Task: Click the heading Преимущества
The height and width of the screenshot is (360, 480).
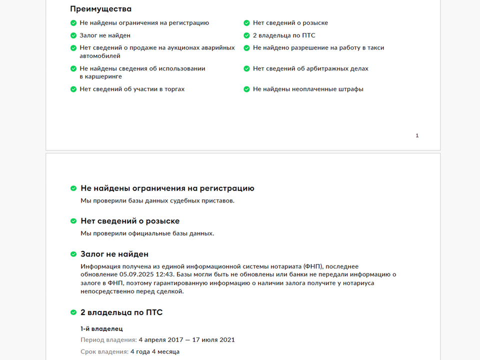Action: coord(101,9)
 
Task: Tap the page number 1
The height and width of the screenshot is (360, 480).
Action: coord(417,136)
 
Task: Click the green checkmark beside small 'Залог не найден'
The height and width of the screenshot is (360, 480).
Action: coord(73,35)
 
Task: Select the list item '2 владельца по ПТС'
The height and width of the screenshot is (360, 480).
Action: coord(283,35)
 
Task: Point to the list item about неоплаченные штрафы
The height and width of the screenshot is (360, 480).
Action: coord(308,89)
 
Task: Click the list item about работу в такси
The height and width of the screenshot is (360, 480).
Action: coord(318,48)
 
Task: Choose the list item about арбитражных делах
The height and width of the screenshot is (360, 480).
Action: coord(310,68)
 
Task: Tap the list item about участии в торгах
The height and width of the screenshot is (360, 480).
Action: coord(132,89)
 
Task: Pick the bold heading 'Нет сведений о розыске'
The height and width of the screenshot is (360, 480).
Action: coord(130,221)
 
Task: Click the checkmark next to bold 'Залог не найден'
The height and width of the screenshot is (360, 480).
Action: coord(73,254)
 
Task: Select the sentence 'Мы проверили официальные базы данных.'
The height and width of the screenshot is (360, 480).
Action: coord(147,233)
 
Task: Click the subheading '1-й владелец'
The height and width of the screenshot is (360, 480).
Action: coord(101,328)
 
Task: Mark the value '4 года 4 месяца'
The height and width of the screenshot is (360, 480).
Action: coord(155,352)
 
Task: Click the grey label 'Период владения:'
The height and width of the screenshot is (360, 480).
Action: coord(108,340)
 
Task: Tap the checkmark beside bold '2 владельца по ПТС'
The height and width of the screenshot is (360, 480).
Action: coord(73,313)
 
